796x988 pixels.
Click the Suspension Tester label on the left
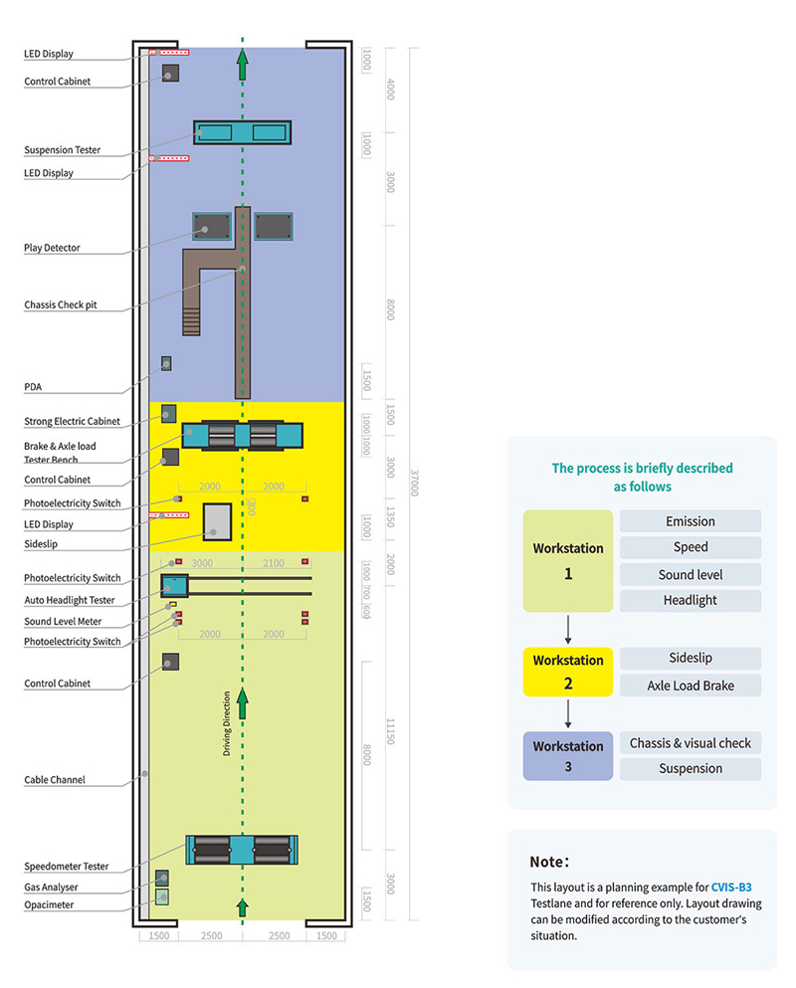(x=62, y=150)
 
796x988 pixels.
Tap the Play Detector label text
(x=52, y=248)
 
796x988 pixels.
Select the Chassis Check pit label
(x=60, y=305)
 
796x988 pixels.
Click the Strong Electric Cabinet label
(x=72, y=421)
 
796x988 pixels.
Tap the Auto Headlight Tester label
(x=69, y=600)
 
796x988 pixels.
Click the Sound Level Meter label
(x=63, y=621)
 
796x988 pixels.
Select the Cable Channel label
(x=54, y=780)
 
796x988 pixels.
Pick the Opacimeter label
(x=49, y=904)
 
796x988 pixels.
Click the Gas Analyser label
(x=51, y=887)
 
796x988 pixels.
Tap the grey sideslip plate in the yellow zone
(x=217, y=521)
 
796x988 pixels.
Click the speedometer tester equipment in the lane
(x=243, y=850)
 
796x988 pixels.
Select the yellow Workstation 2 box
(x=567, y=673)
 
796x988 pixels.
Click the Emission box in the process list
(x=690, y=521)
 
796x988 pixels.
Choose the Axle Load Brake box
(x=690, y=685)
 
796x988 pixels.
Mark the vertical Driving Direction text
(x=227, y=724)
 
